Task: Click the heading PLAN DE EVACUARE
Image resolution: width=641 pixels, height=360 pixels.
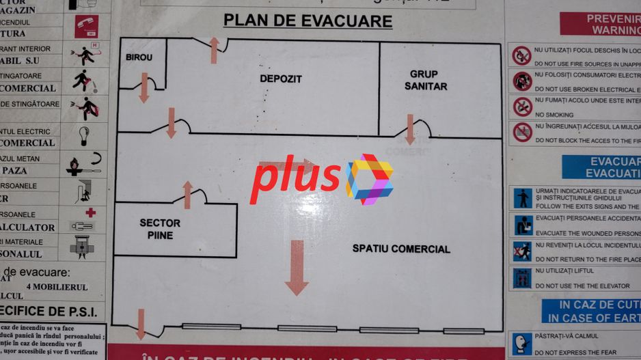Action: click(308, 21)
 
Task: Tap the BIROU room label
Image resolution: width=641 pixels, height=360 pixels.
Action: click(139, 57)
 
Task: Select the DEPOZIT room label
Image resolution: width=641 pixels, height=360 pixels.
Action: click(280, 79)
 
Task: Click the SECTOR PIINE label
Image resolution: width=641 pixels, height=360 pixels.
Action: click(160, 229)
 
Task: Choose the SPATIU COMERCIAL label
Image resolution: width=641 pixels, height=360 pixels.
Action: click(401, 249)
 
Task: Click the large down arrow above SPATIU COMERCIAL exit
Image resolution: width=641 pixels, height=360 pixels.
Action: click(297, 267)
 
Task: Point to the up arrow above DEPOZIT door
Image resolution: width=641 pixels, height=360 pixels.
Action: click(214, 50)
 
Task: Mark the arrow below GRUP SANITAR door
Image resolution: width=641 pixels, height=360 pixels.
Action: click(409, 129)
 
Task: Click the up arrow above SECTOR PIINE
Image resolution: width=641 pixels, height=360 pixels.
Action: click(188, 195)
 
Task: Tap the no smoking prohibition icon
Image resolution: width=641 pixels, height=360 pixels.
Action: click(523, 107)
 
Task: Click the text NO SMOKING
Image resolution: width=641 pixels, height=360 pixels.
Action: click(554, 115)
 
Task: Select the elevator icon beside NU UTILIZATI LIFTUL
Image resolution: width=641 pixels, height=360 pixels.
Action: click(522, 277)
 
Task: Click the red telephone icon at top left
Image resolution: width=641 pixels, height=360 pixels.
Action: click(86, 26)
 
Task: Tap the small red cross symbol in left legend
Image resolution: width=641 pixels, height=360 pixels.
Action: click(90, 212)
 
